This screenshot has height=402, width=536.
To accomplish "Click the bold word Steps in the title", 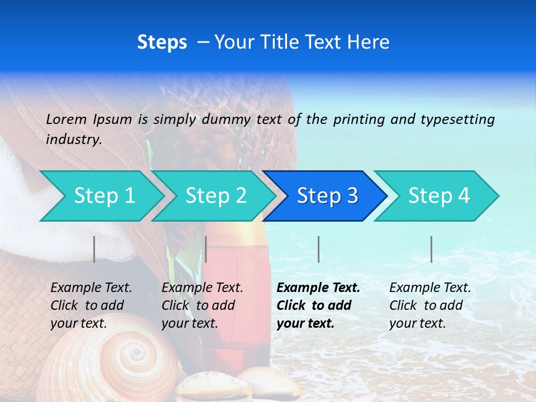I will point(162,42).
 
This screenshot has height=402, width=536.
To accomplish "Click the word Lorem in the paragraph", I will point(66,119).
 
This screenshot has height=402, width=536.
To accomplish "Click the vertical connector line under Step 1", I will point(94,249).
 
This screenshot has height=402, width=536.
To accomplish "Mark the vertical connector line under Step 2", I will point(206,249).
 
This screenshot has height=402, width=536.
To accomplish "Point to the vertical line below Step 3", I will point(318,249).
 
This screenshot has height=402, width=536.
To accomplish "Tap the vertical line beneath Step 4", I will point(431,249).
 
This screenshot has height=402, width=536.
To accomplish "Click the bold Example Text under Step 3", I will point(318,288).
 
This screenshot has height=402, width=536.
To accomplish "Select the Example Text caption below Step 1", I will point(91,288).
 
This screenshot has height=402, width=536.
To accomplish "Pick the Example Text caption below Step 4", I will point(430,288).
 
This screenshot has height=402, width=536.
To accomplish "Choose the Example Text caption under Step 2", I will point(202,288).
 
